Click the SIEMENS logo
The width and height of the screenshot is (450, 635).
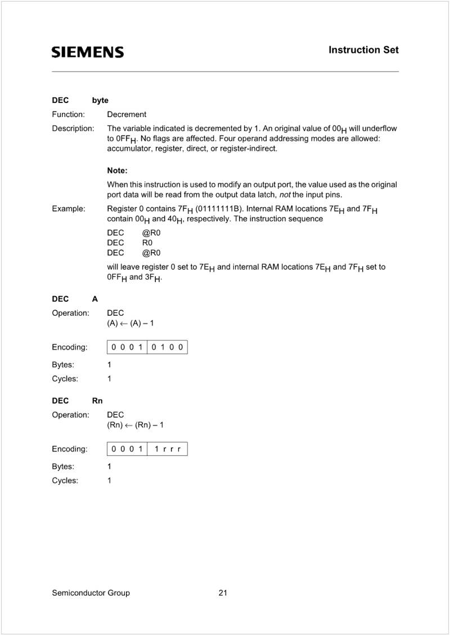[x=88, y=52]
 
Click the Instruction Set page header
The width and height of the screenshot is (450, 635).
[x=363, y=50]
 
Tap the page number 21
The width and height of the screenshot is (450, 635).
[x=223, y=593]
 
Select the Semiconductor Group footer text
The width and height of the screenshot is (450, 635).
[x=91, y=593]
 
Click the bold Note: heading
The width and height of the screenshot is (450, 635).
[x=117, y=170]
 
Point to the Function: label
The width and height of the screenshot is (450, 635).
[x=68, y=114]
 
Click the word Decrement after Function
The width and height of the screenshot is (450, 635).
[x=127, y=114]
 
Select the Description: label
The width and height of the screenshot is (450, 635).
[x=73, y=128]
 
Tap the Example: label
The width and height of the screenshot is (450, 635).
[x=69, y=209]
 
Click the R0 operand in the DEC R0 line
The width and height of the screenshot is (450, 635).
[x=147, y=243]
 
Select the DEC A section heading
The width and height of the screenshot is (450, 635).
[x=75, y=299]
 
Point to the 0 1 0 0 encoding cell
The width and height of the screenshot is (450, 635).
[x=167, y=347]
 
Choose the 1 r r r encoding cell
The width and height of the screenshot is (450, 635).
[x=167, y=449]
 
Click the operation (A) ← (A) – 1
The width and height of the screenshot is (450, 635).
[x=130, y=323]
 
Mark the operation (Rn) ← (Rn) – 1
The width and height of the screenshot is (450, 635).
[x=135, y=425]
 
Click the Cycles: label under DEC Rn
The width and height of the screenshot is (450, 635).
[x=65, y=481]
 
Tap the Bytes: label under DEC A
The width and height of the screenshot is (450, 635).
[x=63, y=365]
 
